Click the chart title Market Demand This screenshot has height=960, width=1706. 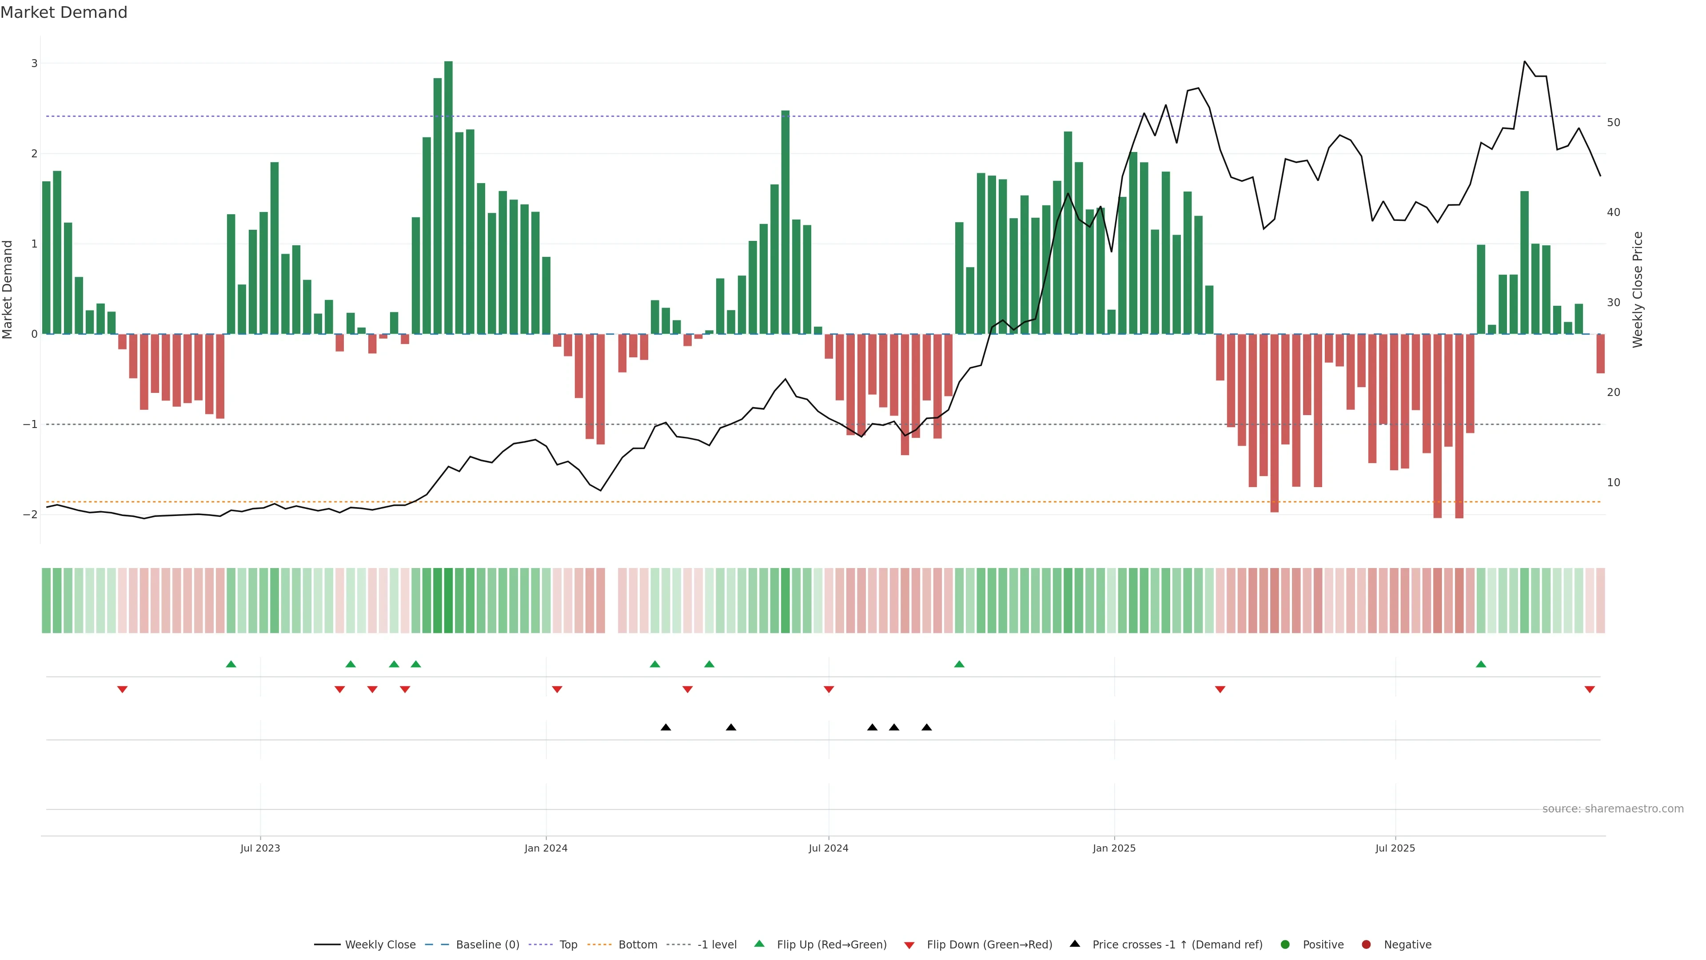coord(64,12)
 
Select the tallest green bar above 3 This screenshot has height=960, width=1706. coord(448,197)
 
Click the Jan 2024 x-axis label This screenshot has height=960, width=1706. coord(546,848)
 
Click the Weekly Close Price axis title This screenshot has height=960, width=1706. coord(1638,289)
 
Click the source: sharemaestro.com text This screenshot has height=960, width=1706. coord(1613,809)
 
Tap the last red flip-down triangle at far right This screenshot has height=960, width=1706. coord(1590,690)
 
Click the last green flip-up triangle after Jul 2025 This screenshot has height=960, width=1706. coord(1481,664)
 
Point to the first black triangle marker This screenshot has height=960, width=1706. coord(666,728)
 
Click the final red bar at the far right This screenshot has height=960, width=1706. coord(1600,354)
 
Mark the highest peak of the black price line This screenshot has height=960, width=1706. coord(1525,62)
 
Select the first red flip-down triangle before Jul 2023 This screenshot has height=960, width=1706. coord(122,690)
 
